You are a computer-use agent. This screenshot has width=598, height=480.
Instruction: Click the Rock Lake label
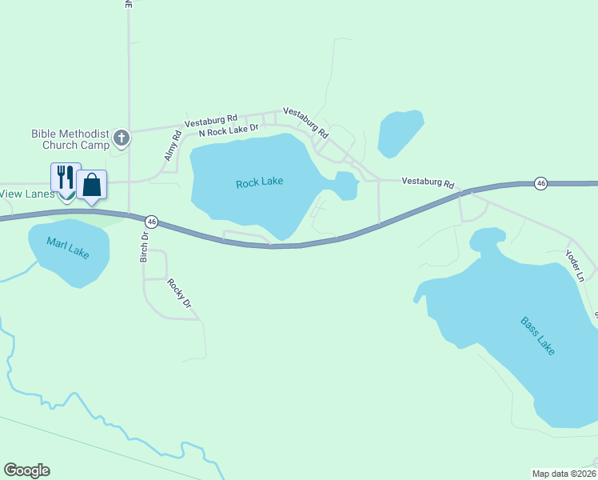[x=260, y=182]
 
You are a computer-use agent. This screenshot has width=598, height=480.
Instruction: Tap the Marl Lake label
[x=67, y=248]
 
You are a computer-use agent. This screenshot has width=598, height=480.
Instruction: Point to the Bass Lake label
[x=537, y=337]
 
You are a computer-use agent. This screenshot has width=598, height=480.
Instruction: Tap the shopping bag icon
[x=92, y=185]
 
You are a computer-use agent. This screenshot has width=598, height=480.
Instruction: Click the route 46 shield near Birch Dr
[x=150, y=221]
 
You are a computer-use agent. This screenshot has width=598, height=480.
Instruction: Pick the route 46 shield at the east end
[x=541, y=183]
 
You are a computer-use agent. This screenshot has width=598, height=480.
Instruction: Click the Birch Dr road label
[x=145, y=247]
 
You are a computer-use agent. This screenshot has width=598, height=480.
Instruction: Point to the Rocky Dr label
[x=180, y=293]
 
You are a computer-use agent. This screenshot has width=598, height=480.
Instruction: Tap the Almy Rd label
[x=169, y=148]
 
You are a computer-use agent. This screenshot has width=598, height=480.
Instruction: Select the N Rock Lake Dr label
[x=229, y=129]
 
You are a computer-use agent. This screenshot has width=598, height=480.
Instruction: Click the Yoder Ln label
[x=575, y=266]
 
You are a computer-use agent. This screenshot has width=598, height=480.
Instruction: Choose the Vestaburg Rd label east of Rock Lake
[x=427, y=182]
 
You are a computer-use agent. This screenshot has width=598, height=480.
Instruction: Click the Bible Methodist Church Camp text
[x=70, y=139]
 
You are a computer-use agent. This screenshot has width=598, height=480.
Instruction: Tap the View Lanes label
[x=27, y=194]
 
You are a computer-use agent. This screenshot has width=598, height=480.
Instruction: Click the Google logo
[x=26, y=470]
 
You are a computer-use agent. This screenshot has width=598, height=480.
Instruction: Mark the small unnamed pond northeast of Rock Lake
[x=400, y=132]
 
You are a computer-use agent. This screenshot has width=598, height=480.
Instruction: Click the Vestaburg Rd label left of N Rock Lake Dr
[x=211, y=121]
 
